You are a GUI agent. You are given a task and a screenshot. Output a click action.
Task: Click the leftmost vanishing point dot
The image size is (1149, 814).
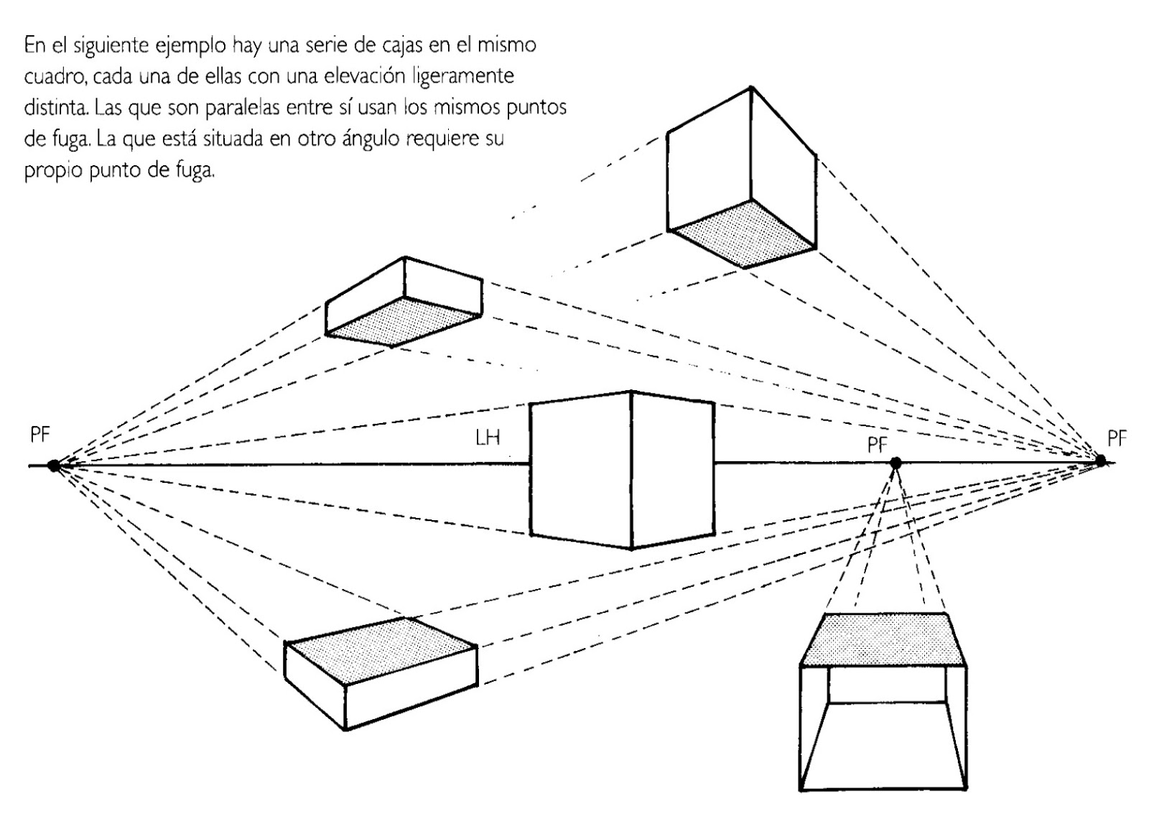53,466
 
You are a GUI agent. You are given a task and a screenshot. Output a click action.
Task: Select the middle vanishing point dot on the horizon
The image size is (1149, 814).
896,463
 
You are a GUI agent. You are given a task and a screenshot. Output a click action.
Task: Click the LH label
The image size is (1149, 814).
488,438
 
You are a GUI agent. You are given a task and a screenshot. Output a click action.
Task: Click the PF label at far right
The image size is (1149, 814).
1117,437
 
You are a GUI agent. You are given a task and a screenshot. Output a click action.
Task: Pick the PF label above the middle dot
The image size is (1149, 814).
878,445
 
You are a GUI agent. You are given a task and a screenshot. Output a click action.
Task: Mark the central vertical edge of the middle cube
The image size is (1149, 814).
631,471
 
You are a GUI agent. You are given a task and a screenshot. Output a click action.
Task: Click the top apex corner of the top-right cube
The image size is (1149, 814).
751,88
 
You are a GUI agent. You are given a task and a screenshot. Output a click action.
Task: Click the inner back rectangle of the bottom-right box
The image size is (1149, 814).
888,684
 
